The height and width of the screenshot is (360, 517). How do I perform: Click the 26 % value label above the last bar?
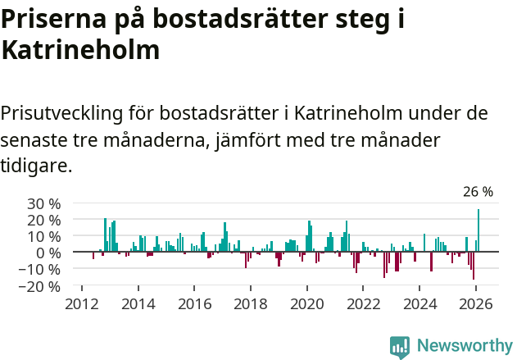coord(478,192)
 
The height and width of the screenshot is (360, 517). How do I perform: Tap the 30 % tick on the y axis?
coord(44,203)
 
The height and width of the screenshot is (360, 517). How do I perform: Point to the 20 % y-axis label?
coord(44,220)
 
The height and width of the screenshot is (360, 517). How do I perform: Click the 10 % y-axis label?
coord(44,236)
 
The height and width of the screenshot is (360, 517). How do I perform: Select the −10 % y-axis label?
coord(41,269)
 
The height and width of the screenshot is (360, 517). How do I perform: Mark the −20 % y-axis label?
coord(41,286)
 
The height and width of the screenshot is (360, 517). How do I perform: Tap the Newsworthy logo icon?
coord(400,346)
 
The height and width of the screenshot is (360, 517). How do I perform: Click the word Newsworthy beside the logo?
coord(465,346)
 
